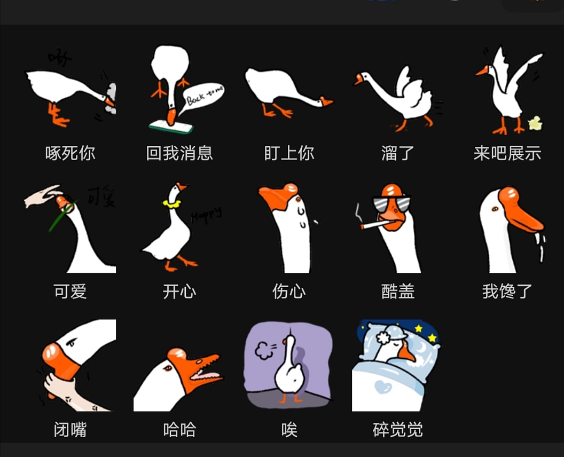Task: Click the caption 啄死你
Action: (70, 154)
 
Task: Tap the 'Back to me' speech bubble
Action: (204, 97)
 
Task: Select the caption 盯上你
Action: (289, 154)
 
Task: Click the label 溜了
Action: (398, 154)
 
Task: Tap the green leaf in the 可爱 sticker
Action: (61, 216)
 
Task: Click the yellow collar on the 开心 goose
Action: (171, 203)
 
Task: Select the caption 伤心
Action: (289, 291)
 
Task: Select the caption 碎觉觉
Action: (398, 430)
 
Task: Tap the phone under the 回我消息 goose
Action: (170, 127)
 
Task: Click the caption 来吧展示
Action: (507, 154)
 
